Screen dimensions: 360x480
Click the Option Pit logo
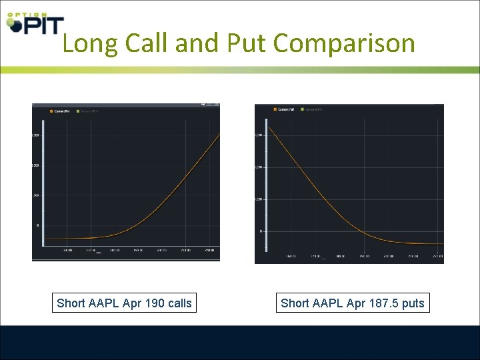point(35,23)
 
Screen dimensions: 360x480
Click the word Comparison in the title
point(344,43)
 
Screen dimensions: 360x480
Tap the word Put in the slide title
point(247,43)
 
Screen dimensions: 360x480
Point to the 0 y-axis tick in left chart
point(37,225)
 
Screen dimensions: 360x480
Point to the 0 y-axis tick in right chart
point(261,231)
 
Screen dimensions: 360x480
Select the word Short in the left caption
point(71,303)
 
